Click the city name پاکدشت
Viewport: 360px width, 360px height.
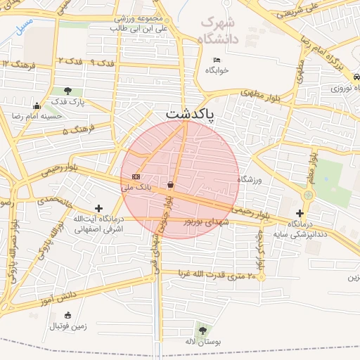click(190, 112)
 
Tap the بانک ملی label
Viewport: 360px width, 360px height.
click(136, 188)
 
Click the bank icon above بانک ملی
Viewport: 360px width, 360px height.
click(136, 176)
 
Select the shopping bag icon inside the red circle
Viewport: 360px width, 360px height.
click(171, 185)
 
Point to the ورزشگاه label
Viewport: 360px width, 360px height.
click(250, 180)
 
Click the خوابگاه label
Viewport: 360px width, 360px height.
click(217, 70)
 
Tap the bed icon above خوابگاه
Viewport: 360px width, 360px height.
click(217, 59)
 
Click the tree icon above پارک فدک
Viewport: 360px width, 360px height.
click(67, 91)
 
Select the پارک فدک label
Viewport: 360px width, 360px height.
click(67, 102)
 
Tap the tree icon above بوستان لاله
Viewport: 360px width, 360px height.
click(202, 329)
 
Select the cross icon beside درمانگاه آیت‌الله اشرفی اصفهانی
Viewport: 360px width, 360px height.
click(98, 208)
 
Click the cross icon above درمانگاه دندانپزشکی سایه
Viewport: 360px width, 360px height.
click(300, 212)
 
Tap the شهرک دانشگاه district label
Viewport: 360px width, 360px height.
click(219, 30)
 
